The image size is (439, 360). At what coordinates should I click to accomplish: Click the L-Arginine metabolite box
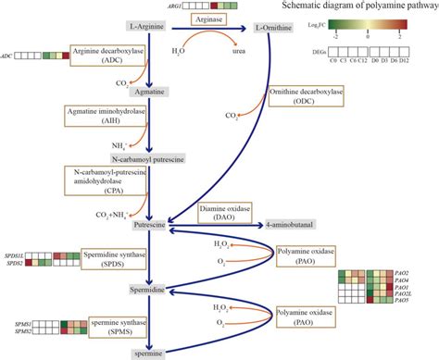pyautogui.click(x=147, y=28)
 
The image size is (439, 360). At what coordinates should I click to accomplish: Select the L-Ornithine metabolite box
pyautogui.click(x=275, y=28)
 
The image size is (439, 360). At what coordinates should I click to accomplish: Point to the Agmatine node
pyautogui.click(x=147, y=93)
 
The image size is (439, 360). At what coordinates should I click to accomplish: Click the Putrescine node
pyautogui.click(x=148, y=224)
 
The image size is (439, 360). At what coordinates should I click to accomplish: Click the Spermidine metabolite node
pyautogui.click(x=148, y=290)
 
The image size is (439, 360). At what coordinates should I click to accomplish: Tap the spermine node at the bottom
pyautogui.click(x=148, y=353)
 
